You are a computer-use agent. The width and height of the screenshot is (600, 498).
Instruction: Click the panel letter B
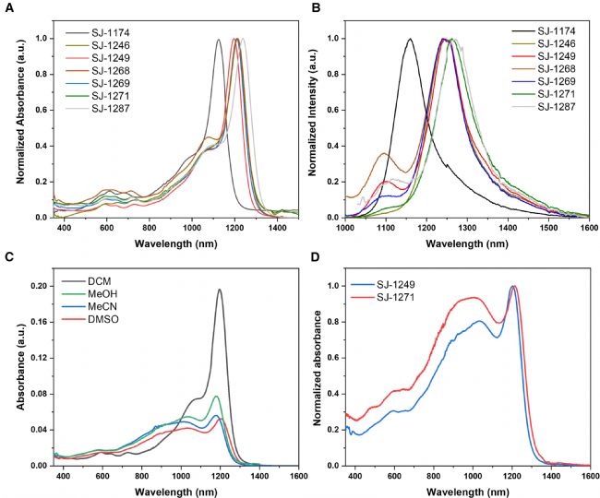click(x=315, y=7)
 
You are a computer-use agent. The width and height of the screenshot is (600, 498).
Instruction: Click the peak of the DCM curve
click(x=220, y=290)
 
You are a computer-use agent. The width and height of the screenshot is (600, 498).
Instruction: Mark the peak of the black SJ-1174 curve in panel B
click(x=409, y=40)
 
